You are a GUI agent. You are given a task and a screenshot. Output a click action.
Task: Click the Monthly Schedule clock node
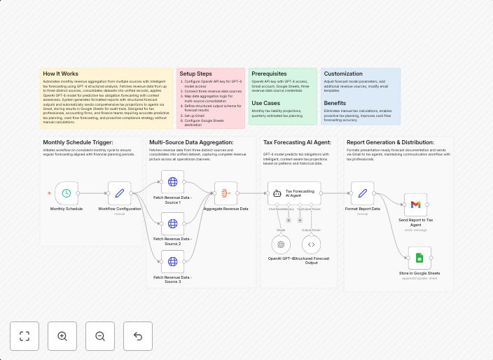tap(66, 193)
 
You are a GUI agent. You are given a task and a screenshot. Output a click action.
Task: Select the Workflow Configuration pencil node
tap(119, 193)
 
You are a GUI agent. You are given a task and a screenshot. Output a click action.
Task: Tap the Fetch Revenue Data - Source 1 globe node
tap(172, 182)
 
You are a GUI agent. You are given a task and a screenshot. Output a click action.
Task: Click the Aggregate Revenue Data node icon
tap(225, 193)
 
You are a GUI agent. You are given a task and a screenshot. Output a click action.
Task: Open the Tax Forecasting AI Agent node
tap(293, 193)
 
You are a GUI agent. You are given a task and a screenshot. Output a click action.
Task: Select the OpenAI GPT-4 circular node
tap(282, 244)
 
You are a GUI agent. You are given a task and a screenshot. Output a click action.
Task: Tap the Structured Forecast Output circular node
tap(312, 244)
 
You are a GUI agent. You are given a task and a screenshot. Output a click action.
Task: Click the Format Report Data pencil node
tap(362, 193)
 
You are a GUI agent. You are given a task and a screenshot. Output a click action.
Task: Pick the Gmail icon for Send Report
tap(415, 204)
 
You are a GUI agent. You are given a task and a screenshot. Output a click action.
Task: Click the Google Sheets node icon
tap(419, 258)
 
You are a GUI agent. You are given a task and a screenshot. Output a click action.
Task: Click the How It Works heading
tap(61, 73)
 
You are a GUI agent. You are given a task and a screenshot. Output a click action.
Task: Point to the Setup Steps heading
tap(195, 73)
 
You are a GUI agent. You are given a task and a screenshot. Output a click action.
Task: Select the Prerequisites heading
tap(269, 73)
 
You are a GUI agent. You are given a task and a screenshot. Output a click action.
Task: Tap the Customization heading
tap(344, 73)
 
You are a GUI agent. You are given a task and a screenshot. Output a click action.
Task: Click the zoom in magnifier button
tap(62, 336)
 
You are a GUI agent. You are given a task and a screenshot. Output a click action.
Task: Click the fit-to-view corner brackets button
tap(25, 336)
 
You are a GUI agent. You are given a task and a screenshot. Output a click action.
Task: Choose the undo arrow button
tap(138, 336)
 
